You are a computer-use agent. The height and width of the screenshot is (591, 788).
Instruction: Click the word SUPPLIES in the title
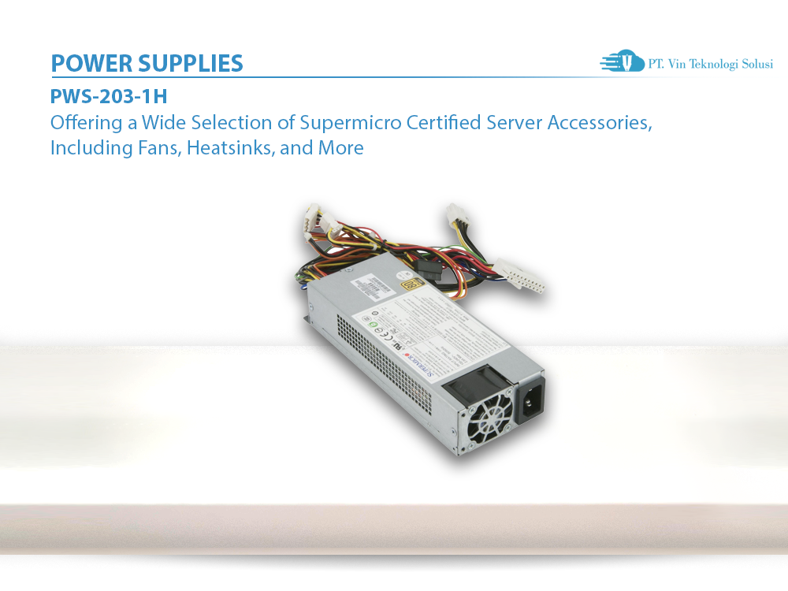[x=195, y=63]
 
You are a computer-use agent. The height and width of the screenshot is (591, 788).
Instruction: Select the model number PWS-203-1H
[x=109, y=98]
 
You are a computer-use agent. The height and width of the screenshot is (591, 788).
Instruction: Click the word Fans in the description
[x=162, y=147]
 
